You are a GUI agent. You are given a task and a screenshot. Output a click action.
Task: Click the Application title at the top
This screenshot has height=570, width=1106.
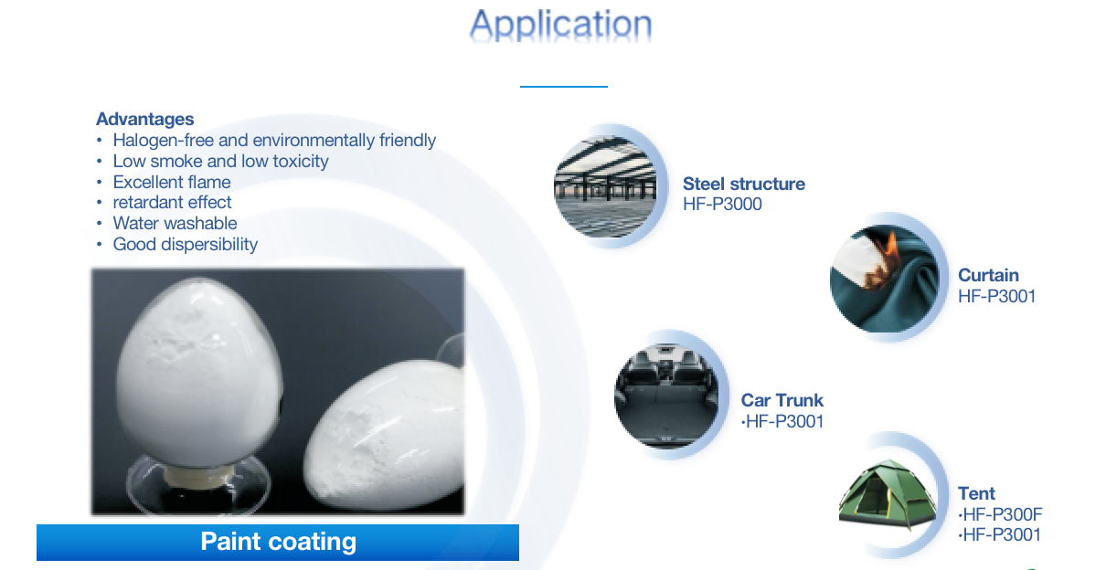pos(561,26)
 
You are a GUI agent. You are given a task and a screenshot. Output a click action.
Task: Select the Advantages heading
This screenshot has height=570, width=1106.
pos(144,119)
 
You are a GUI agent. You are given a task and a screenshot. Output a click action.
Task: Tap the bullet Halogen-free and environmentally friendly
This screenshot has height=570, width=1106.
pos(274,140)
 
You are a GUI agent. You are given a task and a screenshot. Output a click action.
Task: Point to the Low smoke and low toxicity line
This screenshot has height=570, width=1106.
pos(220,162)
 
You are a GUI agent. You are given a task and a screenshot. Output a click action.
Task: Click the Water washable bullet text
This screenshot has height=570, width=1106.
pos(175,223)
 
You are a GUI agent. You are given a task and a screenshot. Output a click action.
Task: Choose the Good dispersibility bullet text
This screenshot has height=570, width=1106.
pos(186,244)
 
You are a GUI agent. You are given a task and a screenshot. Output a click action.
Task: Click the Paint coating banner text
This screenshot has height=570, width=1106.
pos(278,542)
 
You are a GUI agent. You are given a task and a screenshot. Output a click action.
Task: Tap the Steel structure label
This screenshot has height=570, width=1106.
pos(744,184)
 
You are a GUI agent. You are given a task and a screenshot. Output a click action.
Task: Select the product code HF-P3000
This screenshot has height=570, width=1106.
pos(722,204)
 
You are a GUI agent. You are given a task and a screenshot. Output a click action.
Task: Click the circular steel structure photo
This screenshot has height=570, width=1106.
pos(605,186)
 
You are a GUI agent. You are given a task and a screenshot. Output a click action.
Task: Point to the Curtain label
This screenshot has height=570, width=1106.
pos(988,275)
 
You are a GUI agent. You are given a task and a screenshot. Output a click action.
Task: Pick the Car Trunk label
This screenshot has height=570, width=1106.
pos(782,400)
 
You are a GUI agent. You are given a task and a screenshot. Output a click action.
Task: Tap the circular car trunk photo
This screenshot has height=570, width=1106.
pos(666,395)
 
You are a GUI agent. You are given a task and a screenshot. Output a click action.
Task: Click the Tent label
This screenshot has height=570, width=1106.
pos(976,493)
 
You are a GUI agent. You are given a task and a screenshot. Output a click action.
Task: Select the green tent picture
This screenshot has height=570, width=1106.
pos(888,494)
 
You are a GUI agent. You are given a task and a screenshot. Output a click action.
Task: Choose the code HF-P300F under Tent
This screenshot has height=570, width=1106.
pos(1000,514)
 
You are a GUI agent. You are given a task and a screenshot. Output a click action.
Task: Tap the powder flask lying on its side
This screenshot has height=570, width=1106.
pos(384,434)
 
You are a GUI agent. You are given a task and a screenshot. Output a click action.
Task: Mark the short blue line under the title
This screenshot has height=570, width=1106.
pos(563,87)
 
